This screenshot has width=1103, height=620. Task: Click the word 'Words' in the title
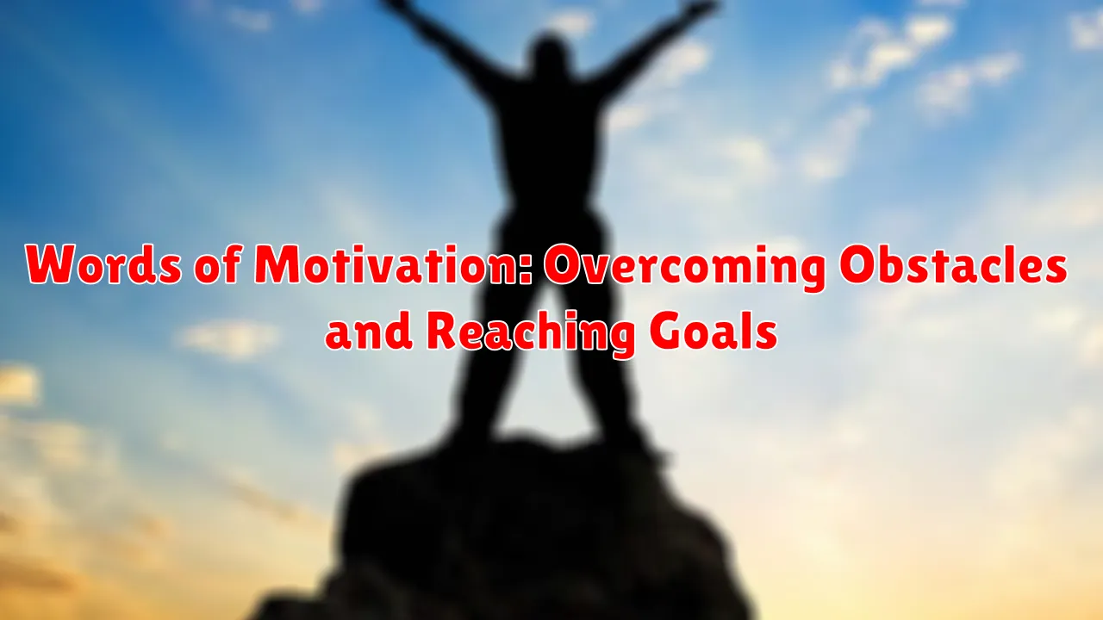(103, 265)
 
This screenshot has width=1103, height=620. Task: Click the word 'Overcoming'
(685, 268)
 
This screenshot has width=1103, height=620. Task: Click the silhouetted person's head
(549, 58)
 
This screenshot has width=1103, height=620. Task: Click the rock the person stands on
(517, 531)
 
